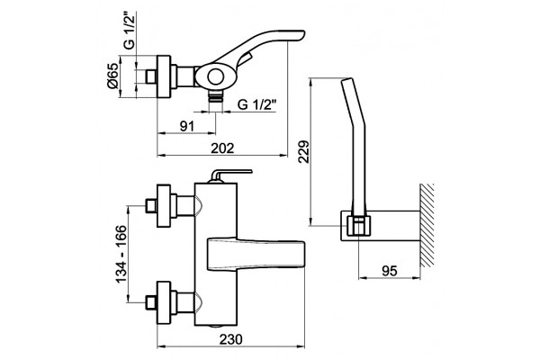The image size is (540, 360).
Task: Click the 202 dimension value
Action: coord(222,148)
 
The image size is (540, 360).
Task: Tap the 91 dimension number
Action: coord(187,126)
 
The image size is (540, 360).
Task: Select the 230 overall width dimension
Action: coord(230,339)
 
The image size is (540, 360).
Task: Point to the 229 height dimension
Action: coord(304,151)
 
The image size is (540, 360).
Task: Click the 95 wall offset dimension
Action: coord(390,271)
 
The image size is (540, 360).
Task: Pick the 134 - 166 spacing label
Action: coord(121,254)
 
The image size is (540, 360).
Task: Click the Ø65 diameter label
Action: coord(112,76)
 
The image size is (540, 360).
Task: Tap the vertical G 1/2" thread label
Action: coord(130,31)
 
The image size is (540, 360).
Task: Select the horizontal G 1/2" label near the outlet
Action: coord(256,104)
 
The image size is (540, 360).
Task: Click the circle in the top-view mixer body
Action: coord(216,76)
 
